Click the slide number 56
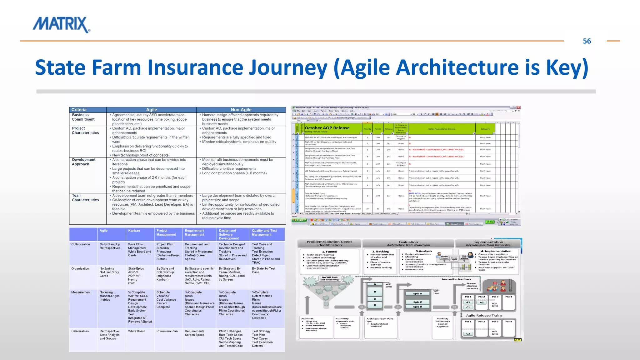click(587, 41)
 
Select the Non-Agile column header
click(241, 110)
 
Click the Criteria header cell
click(79, 110)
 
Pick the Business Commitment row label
click(83, 117)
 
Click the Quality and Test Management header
click(264, 232)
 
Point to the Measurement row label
click(81, 292)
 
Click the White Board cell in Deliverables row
click(137, 331)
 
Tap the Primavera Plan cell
click(167, 331)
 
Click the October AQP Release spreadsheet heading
click(327, 128)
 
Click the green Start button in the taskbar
click(299, 220)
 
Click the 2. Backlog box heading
click(380, 251)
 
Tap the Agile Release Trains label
click(484, 315)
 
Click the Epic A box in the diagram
click(417, 294)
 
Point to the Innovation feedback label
click(456, 279)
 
